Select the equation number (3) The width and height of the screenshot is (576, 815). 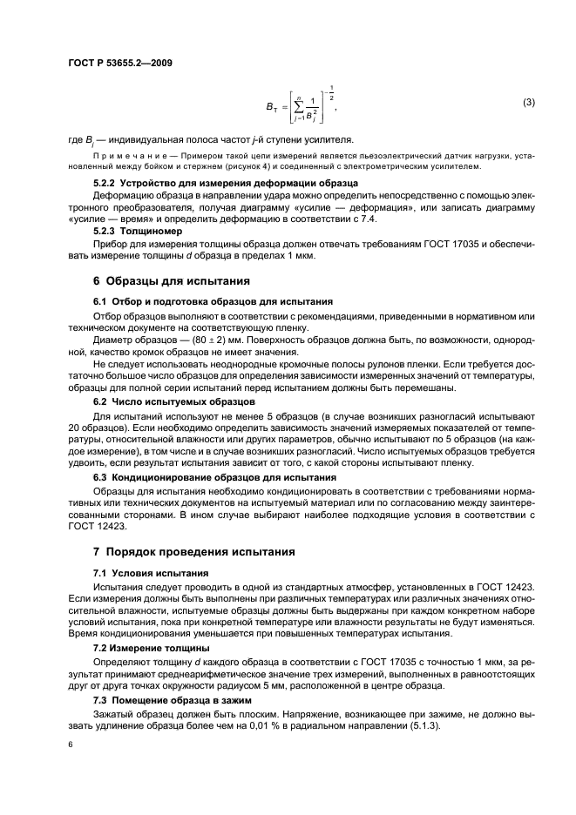click(528, 103)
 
